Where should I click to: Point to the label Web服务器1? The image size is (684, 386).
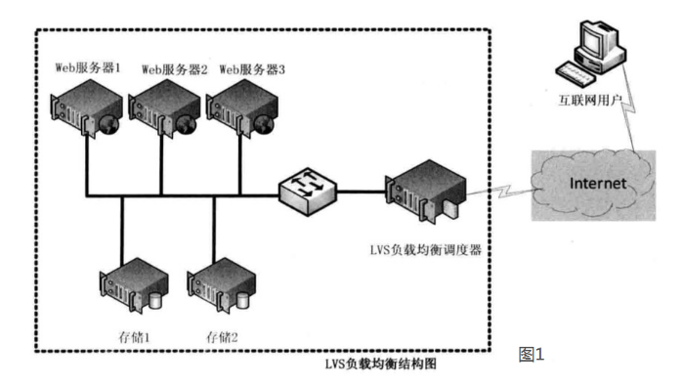(x=88, y=68)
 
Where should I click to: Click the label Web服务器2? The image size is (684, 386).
(x=175, y=68)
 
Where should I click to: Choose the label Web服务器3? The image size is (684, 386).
(x=252, y=68)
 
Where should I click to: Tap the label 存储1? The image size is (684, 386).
(x=135, y=337)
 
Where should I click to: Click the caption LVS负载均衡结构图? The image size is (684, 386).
(x=379, y=364)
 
